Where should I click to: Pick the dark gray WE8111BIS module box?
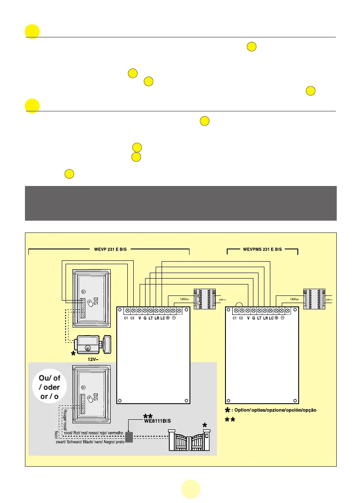click(x=129, y=437)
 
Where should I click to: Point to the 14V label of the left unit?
click(x=184, y=298)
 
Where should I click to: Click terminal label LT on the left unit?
click(x=151, y=317)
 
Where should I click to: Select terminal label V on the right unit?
click(x=248, y=317)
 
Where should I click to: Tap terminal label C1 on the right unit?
click(x=235, y=317)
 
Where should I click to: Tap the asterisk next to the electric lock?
click(x=73, y=354)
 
